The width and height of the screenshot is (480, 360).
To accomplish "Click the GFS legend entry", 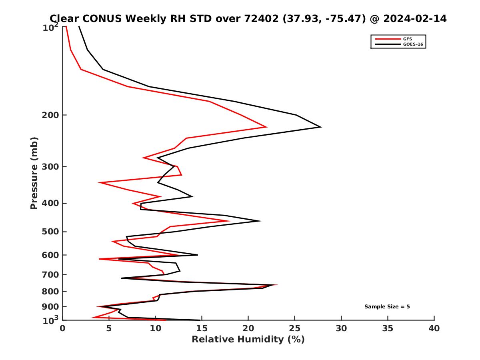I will point(407,39).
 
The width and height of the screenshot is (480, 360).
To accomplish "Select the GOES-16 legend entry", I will point(412,44).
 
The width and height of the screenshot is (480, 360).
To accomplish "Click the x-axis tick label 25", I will point(295,328).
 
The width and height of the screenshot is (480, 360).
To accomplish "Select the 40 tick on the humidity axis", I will point(434,328).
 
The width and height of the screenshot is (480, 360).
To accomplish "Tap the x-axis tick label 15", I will point(202,328).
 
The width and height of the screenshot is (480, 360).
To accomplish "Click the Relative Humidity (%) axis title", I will point(248,340).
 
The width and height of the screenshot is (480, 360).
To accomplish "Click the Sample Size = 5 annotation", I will point(387,307).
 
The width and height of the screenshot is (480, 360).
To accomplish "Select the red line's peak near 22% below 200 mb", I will point(266,127).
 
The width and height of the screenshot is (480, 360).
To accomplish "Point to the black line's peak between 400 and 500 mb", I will point(261,221).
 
